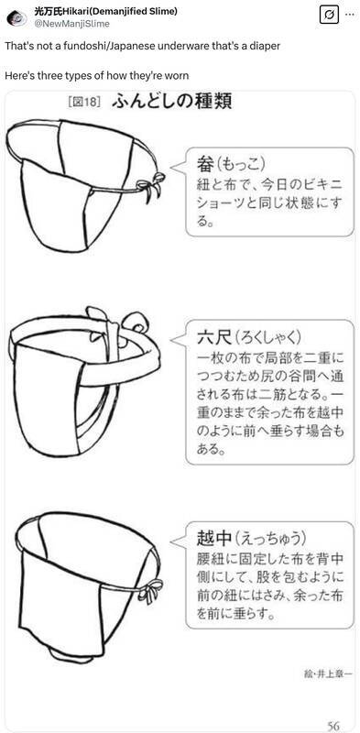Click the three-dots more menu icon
(349, 15)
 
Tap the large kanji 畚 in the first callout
(206, 164)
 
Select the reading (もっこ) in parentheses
(242, 165)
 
